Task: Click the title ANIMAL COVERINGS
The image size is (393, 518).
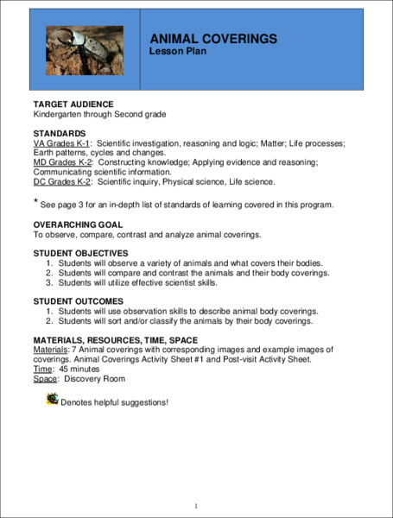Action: [x=212, y=39]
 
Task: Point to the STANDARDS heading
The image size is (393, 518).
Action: [x=60, y=133]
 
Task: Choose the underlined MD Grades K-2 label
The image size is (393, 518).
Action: [x=63, y=161]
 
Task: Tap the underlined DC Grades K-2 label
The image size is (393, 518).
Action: [x=63, y=181]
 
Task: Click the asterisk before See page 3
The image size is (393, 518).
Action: [x=36, y=202]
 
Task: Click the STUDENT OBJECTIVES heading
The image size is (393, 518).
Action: [x=86, y=253]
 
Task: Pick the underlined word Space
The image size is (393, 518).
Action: [x=45, y=378]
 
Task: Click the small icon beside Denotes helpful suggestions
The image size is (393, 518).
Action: [x=54, y=399]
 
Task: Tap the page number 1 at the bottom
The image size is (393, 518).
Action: [x=197, y=505]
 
